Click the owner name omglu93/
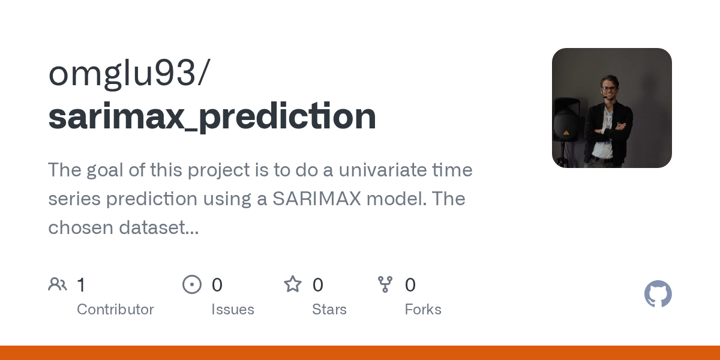click(129, 74)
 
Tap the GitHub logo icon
click(658, 294)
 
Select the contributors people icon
click(58, 284)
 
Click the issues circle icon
click(192, 284)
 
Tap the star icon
click(293, 284)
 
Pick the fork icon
click(385, 284)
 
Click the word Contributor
click(115, 310)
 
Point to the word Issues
click(233, 310)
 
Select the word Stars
click(329, 310)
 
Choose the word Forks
click(423, 310)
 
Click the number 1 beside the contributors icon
click(81, 285)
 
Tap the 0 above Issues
click(217, 285)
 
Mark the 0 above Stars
click(318, 285)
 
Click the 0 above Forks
click(410, 285)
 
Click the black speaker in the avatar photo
click(566, 120)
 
